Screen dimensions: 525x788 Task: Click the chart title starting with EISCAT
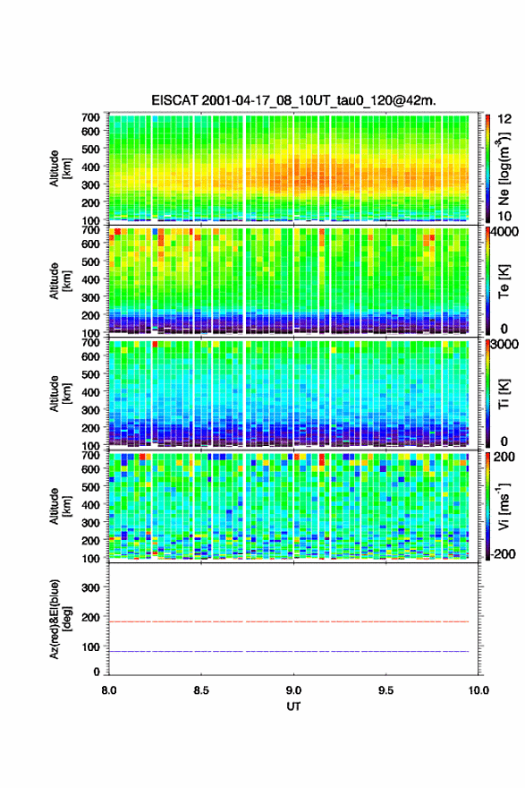[x=293, y=100]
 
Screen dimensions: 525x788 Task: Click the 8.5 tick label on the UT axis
[x=201, y=690]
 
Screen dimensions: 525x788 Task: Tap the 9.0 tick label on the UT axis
[x=293, y=690]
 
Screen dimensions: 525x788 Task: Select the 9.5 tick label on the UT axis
[x=386, y=690]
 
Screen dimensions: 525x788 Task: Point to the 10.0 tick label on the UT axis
[x=478, y=690]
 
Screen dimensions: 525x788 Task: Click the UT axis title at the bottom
[x=293, y=707]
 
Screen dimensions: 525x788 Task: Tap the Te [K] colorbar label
[x=504, y=282]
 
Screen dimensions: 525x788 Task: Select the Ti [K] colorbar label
[x=504, y=394]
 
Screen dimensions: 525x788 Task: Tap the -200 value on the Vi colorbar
[x=502, y=553]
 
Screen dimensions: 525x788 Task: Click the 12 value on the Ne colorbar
[x=504, y=119]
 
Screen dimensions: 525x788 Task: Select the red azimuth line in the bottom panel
[x=289, y=621]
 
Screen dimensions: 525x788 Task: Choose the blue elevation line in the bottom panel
[x=289, y=651]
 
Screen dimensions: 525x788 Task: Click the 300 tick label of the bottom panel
[x=90, y=587]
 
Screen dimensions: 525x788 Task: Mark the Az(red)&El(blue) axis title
[x=60, y=619]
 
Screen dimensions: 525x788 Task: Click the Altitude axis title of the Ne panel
[x=60, y=168]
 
